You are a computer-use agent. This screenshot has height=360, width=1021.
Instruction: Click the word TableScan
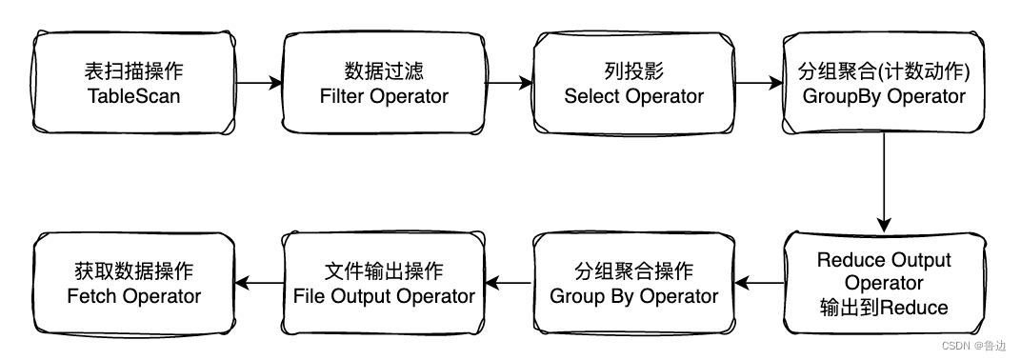(x=134, y=96)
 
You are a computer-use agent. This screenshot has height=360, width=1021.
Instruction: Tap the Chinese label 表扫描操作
(x=134, y=72)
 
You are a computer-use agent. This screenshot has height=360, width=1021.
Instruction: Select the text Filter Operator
(x=384, y=96)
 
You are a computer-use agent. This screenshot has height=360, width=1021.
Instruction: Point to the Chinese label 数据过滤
(x=384, y=72)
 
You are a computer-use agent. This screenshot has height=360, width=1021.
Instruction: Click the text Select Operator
(x=633, y=96)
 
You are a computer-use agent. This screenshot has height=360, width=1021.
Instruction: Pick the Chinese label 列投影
(x=633, y=72)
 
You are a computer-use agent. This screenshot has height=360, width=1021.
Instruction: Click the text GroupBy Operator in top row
(x=884, y=96)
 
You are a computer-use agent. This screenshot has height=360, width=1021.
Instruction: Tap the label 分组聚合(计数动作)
(x=884, y=72)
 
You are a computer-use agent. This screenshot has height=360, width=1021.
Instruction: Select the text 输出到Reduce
(x=884, y=307)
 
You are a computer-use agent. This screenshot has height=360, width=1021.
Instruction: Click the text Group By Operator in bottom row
(x=633, y=296)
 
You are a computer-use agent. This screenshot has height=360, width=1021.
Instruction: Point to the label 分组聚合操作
(x=633, y=271)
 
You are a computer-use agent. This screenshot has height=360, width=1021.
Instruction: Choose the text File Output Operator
(x=384, y=296)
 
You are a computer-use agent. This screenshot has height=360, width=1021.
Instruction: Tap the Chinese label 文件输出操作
(x=384, y=271)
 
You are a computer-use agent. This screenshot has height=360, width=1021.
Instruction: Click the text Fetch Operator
(x=134, y=296)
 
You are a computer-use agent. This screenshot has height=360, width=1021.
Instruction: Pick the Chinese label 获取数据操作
(x=134, y=271)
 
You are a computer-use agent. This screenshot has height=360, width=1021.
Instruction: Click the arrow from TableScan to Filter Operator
(x=259, y=84)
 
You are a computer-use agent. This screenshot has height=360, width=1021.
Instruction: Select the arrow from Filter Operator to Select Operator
(x=509, y=84)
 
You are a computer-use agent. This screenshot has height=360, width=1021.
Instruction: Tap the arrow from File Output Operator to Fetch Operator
(x=259, y=283)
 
